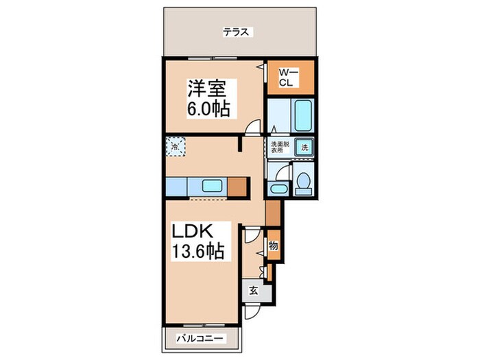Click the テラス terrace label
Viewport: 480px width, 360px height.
pos(238,32)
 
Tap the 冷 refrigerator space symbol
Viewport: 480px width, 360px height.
pos(176,147)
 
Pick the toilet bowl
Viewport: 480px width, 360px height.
pos(304,182)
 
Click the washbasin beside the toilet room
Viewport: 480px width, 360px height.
pos(278,189)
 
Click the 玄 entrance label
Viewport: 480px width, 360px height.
pos(253,290)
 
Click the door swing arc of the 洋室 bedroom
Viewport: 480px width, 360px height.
pos(254,127)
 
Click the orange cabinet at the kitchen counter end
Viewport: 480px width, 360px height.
pos(239,187)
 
